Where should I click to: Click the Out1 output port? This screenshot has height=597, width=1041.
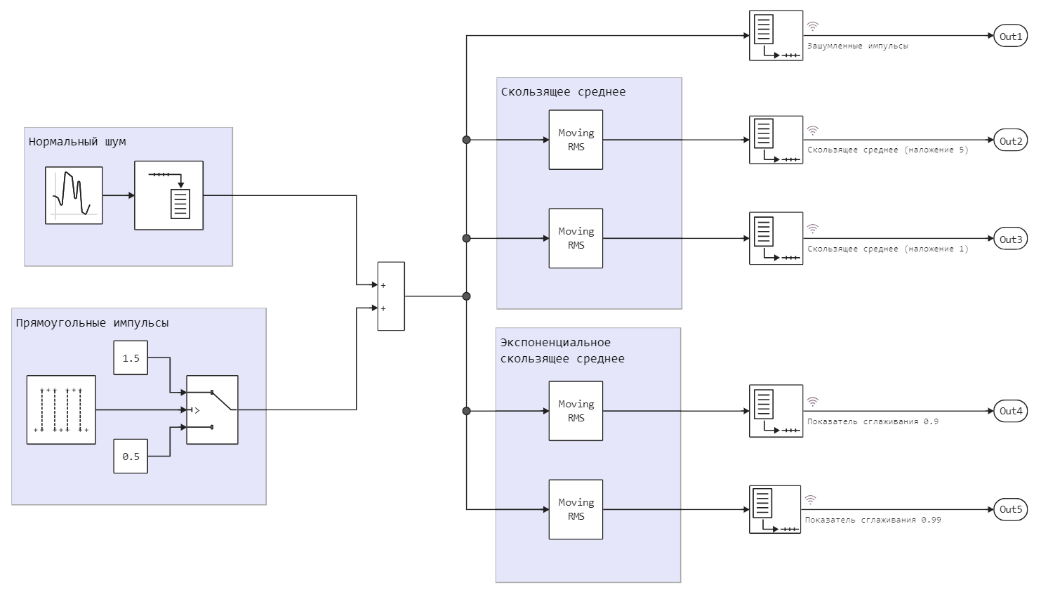pyautogui.click(x=1010, y=36)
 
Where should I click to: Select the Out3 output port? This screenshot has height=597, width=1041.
pyautogui.click(x=1010, y=239)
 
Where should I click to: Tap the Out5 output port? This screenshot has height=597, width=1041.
pyautogui.click(x=1010, y=509)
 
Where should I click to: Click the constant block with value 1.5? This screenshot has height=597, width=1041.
pyautogui.click(x=131, y=357)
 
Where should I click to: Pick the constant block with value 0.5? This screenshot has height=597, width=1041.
pyautogui.click(x=131, y=456)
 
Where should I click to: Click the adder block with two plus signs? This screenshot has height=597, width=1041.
pyautogui.click(x=391, y=296)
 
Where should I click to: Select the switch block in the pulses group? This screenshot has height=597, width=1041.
pyautogui.click(x=212, y=409)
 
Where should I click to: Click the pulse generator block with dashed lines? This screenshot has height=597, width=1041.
pyautogui.click(x=61, y=409)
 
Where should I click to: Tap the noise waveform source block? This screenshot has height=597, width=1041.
pyautogui.click(x=74, y=195)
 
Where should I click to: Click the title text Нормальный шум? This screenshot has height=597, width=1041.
pyautogui.click(x=77, y=141)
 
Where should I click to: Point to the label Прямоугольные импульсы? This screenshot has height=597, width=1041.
pyautogui.click(x=92, y=322)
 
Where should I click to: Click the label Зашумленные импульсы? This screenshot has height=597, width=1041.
pyautogui.click(x=857, y=46)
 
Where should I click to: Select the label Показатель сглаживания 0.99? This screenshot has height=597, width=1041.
pyautogui.click(x=873, y=520)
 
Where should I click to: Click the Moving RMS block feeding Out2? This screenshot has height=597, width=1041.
pyautogui.click(x=576, y=140)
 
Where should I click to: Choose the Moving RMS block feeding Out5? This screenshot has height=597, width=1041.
pyautogui.click(x=576, y=509)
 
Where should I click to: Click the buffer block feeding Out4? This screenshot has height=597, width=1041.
pyautogui.click(x=776, y=411)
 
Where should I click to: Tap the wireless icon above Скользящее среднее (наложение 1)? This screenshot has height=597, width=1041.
pyautogui.click(x=813, y=229)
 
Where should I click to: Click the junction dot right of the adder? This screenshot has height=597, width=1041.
pyautogui.click(x=466, y=296)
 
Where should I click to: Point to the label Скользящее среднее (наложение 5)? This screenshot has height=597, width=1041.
pyautogui.click(x=887, y=150)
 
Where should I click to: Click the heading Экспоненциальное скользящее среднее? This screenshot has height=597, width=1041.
pyautogui.click(x=562, y=350)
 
